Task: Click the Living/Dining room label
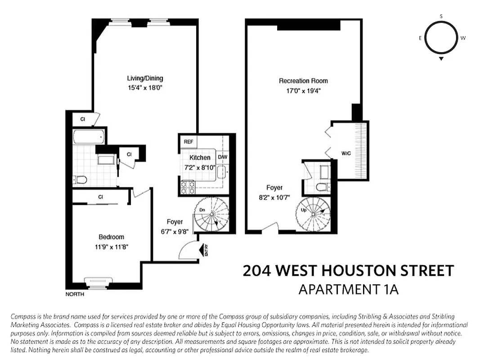[x=145, y=78]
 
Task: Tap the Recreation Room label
[x=303, y=81]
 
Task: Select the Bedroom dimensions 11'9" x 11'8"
[x=111, y=246]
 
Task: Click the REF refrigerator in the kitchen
[x=188, y=142]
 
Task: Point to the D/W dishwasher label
[x=222, y=157]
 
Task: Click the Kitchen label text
[x=199, y=157]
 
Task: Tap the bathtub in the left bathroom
[x=89, y=136]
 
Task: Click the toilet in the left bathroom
[x=81, y=180]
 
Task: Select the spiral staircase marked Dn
[x=212, y=215]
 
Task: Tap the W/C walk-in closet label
[x=346, y=153]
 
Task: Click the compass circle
[x=441, y=38]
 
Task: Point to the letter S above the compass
[x=441, y=16]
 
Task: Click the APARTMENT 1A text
[x=348, y=289]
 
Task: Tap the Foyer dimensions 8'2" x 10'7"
[x=274, y=197]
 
